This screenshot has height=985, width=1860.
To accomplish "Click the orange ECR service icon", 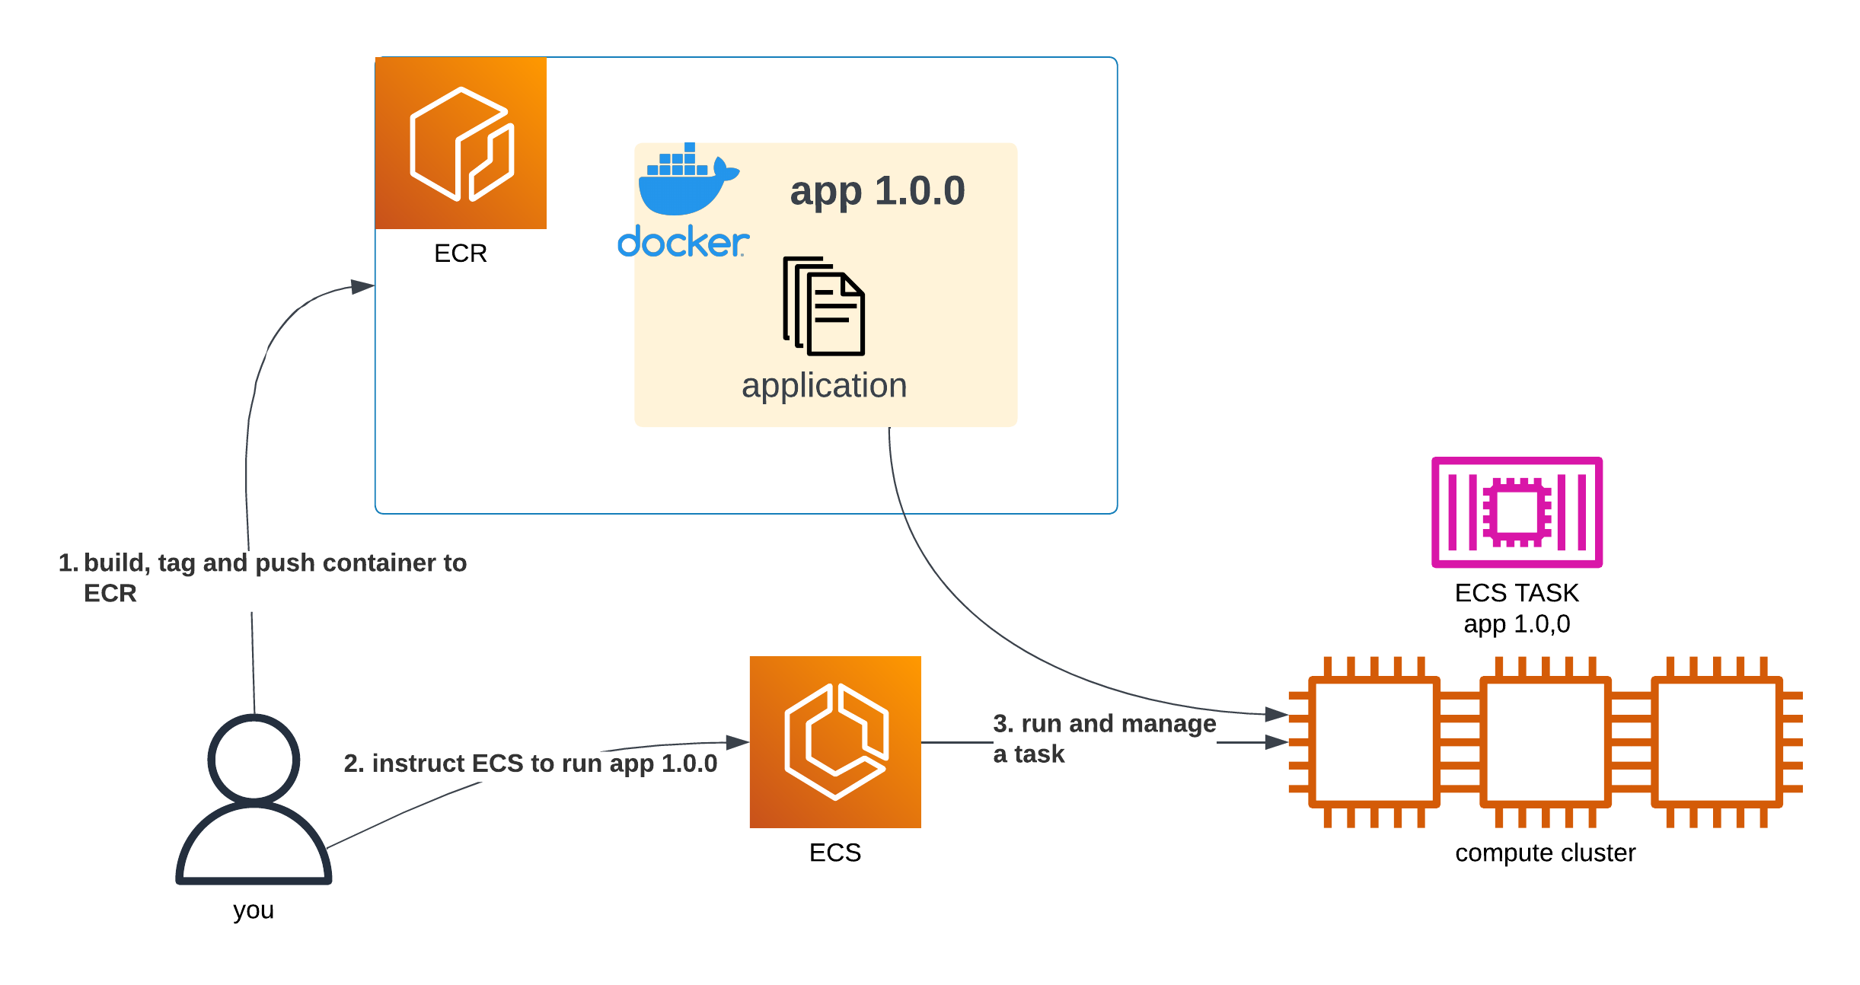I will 461,143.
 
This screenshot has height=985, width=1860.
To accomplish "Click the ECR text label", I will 460,253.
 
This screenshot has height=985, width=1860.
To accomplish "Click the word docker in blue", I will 682,242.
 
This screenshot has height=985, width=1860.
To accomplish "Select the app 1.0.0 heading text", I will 877,190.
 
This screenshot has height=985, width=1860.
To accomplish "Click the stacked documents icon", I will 824,306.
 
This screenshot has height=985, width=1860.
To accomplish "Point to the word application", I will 824,386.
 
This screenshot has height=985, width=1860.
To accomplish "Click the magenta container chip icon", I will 1517,512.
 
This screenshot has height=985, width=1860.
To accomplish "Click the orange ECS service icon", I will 834,741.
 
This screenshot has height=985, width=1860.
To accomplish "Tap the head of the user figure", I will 254,759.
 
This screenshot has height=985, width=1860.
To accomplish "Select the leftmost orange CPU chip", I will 1374,742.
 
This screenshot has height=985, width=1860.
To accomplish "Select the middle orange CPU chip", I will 1546,742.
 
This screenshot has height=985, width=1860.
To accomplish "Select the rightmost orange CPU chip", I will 1717,742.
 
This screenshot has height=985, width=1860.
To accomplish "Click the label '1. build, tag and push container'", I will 263,564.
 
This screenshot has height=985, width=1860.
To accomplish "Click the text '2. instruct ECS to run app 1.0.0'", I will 530,763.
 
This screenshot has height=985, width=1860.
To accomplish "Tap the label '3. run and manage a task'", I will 1104,738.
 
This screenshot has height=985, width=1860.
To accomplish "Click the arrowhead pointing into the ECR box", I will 362,287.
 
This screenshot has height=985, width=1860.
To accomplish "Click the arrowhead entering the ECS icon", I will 737,742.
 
